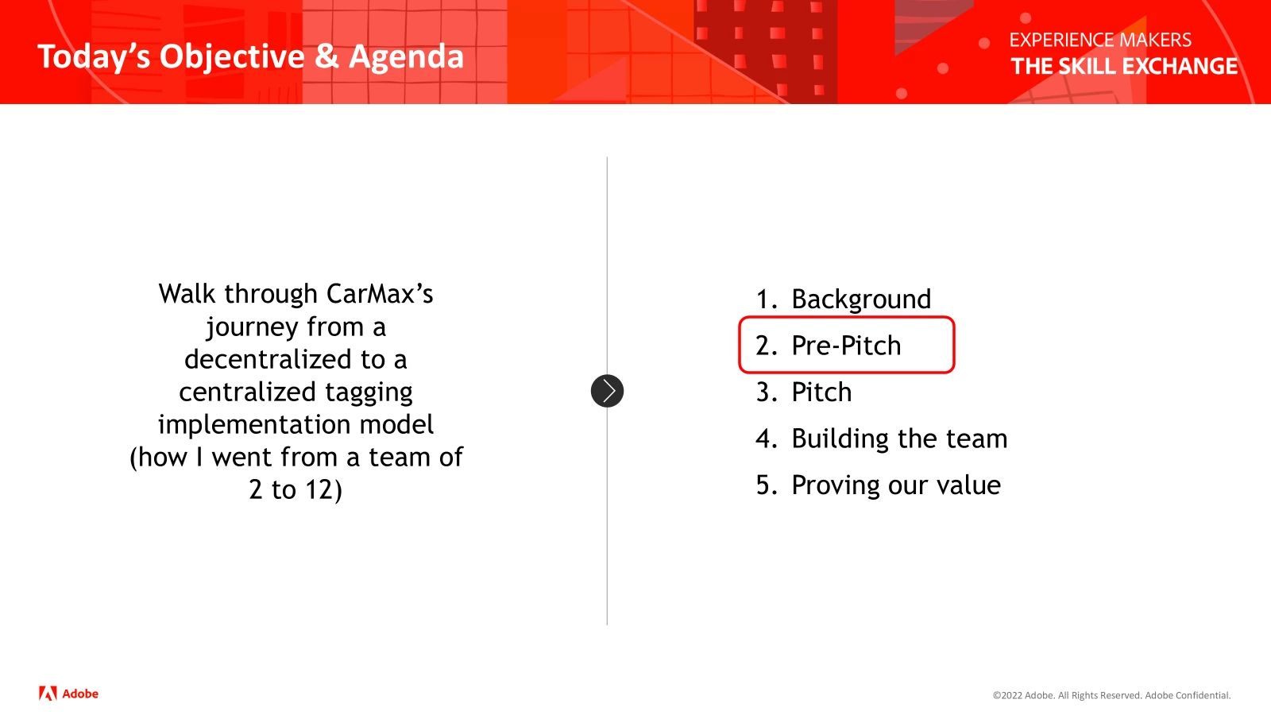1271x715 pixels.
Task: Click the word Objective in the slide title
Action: click(232, 57)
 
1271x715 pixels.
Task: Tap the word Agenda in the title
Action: click(406, 56)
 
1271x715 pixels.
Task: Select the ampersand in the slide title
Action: click(326, 56)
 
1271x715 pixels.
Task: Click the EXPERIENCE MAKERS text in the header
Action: click(1099, 41)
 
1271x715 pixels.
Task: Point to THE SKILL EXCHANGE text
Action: click(1124, 67)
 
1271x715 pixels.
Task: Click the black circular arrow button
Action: click(607, 391)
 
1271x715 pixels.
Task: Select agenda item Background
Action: click(861, 299)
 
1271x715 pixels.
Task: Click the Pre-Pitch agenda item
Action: click(846, 345)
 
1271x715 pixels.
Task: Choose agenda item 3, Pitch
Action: click(821, 392)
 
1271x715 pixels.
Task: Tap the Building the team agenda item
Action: click(899, 438)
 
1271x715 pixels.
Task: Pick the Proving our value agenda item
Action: click(896, 485)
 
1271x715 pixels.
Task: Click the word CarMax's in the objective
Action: click(380, 294)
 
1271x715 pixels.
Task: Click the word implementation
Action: click(251, 425)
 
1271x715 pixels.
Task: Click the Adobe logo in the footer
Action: click(68, 694)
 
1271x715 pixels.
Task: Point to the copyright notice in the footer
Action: click(1111, 695)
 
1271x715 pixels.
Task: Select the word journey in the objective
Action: click(252, 327)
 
